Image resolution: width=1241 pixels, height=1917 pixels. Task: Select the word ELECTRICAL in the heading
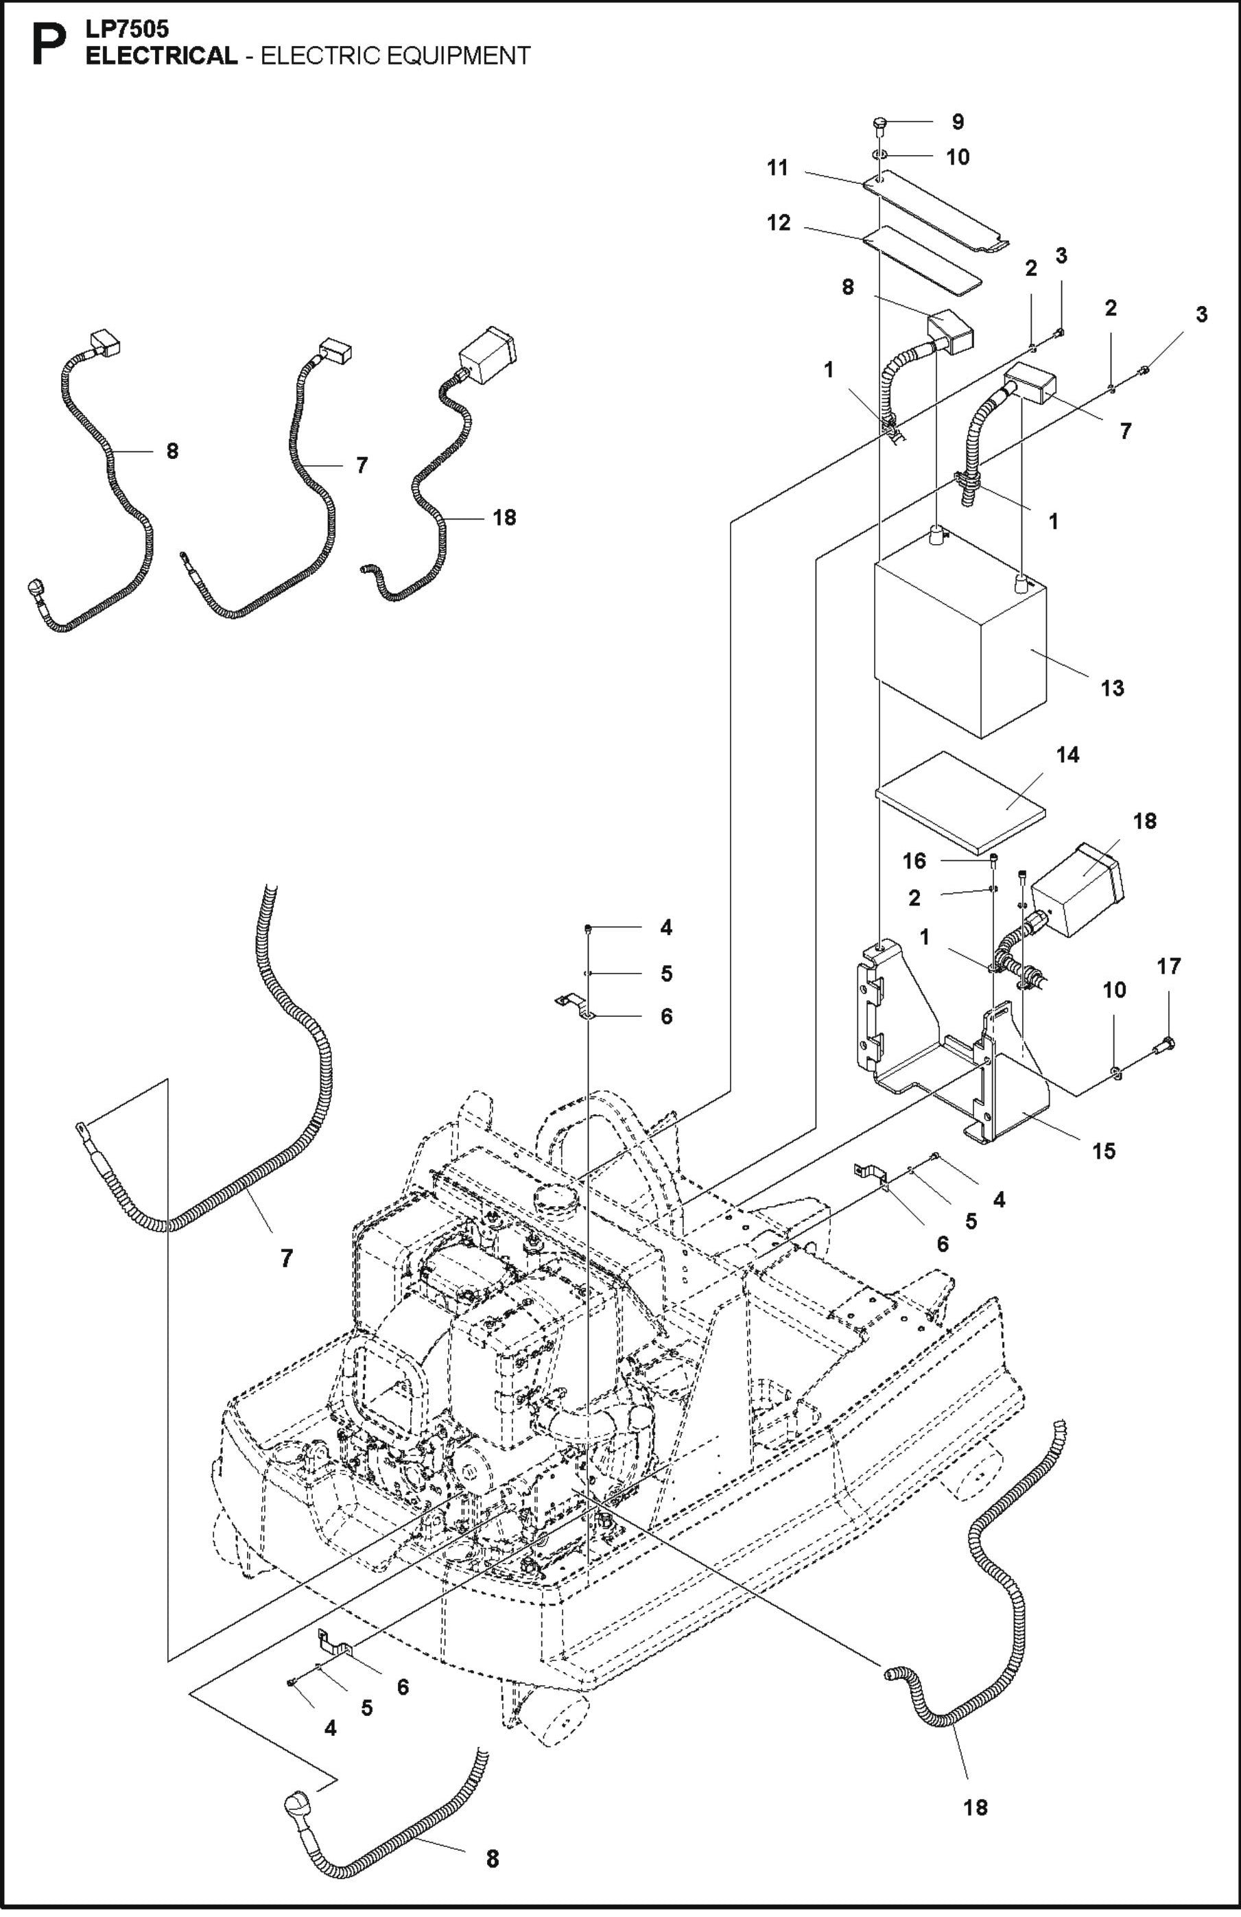pyautogui.click(x=161, y=56)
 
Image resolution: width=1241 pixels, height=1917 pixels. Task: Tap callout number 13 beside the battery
pyautogui.click(x=1111, y=688)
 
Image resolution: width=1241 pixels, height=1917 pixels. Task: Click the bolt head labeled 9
pyautogui.click(x=879, y=124)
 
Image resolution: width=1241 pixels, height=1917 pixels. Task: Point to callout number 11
pyautogui.click(x=777, y=168)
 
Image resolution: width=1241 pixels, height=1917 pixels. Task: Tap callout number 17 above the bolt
pyautogui.click(x=1168, y=966)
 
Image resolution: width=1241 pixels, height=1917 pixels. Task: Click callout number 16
pyautogui.click(x=914, y=861)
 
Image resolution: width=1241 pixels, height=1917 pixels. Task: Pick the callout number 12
pyautogui.click(x=779, y=223)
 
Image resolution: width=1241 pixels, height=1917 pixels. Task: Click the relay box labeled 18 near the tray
pyautogui.click(x=1079, y=889)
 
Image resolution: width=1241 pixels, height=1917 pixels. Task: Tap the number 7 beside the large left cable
pyautogui.click(x=287, y=1258)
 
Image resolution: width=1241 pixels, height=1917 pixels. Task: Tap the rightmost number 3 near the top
pyautogui.click(x=1201, y=315)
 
